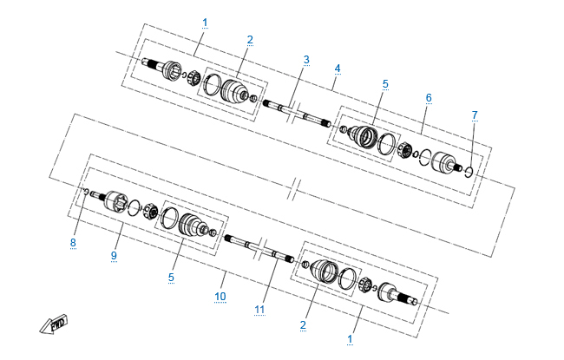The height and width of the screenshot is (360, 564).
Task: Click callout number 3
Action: tap(306, 60)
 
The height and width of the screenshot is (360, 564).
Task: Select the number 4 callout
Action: tap(337, 69)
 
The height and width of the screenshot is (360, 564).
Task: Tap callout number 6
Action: tap(429, 98)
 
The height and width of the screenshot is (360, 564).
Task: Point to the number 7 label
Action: tap(475, 115)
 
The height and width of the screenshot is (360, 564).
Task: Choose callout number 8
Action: tap(73, 243)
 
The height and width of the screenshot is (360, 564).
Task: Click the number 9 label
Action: tap(114, 256)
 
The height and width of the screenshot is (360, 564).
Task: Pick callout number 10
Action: tap(220, 297)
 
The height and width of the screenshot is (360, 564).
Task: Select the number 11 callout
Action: tap(259, 310)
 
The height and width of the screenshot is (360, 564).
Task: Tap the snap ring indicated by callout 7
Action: tap(469, 172)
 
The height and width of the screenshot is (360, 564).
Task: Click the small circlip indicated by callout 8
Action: tap(86, 191)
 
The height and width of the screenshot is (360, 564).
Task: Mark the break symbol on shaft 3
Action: tap(293, 111)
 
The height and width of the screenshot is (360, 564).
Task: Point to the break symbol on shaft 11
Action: tap(261, 248)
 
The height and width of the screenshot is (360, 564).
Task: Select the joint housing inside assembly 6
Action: tap(444, 162)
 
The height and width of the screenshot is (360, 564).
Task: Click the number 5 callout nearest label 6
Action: tap(385, 84)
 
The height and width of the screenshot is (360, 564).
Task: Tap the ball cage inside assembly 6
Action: tap(404, 149)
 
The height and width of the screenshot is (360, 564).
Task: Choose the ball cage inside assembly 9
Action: tap(150, 212)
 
